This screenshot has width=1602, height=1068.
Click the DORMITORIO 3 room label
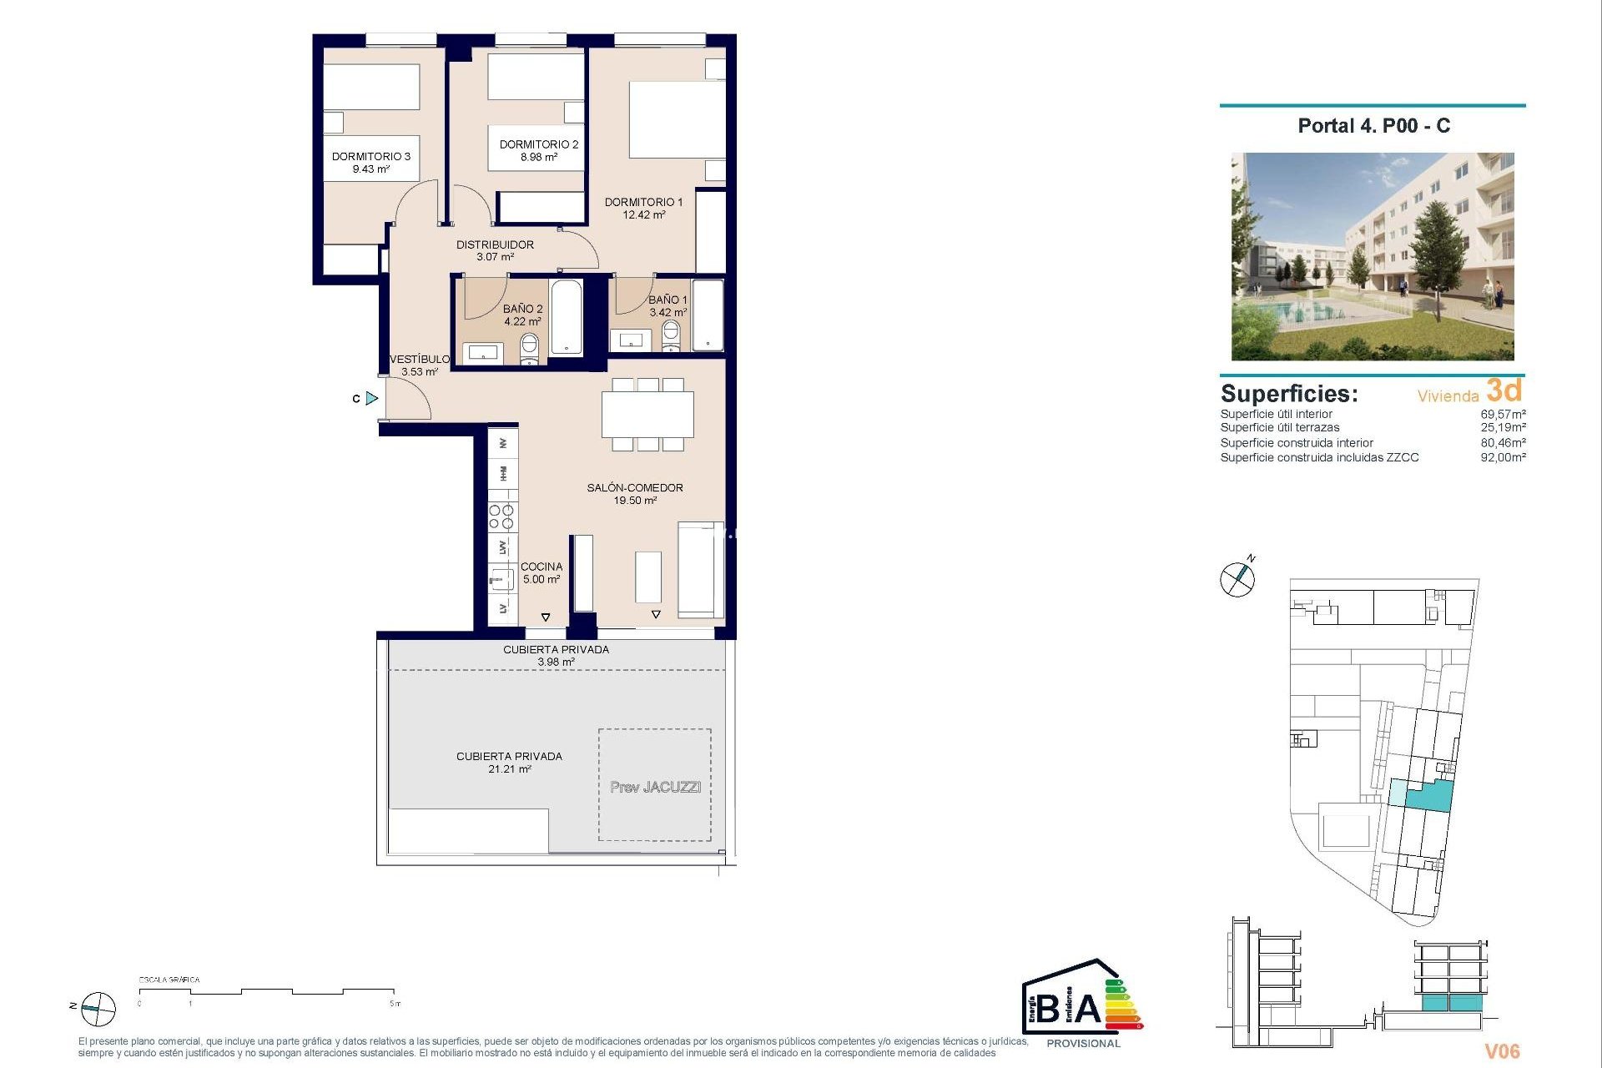point(370,157)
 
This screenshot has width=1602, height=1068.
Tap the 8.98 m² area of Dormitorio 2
point(538,158)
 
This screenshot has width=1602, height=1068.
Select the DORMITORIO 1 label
point(643,202)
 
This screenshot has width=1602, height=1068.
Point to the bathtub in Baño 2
point(567,318)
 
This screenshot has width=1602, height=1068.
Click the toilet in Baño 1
point(671,335)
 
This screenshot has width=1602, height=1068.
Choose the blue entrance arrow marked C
point(371,399)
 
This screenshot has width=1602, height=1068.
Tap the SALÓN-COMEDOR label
point(634,487)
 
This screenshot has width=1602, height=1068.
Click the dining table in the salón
point(647,414)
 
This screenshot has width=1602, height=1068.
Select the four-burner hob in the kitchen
point(501,517)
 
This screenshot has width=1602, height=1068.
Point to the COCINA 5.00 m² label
point(542,572)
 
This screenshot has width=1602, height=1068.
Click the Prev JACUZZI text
point(655,787)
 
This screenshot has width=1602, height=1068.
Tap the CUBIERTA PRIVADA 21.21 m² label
point(509,762)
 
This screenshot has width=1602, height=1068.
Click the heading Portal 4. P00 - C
point(1373,126)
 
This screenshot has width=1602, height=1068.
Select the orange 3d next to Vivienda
point(1504,390)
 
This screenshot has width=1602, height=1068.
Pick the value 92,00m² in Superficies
point(1503,457)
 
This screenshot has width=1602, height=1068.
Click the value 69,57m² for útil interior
point(1503,414)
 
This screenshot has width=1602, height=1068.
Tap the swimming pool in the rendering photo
point(1302,312)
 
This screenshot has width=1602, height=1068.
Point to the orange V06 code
point(1502,1051)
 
